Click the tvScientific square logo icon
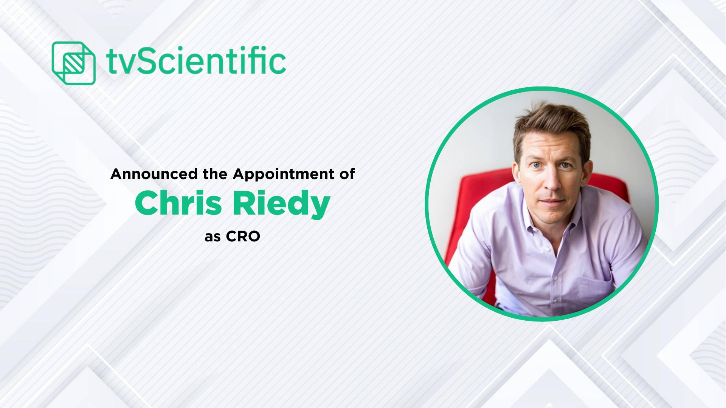(73, 63)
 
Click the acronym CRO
(243, 237)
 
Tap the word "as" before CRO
(213, 238)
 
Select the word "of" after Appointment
(347, 174)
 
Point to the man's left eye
(565, 165)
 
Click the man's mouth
(551, 201)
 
